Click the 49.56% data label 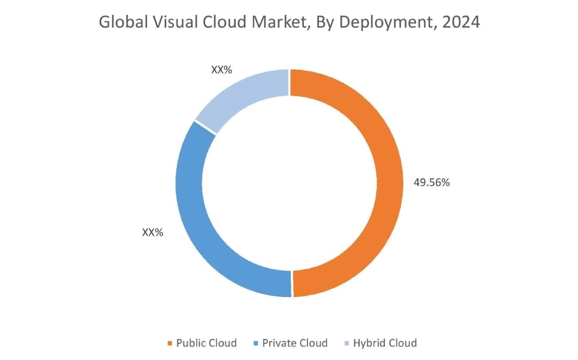432,183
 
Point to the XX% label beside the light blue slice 221,70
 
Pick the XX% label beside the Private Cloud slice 152,232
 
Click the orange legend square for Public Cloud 169,344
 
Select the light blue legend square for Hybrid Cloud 347,344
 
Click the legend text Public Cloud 206,343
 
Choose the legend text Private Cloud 295,343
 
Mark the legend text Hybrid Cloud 384,343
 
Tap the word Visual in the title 168,23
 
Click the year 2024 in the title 462,23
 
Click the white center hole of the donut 290,183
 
